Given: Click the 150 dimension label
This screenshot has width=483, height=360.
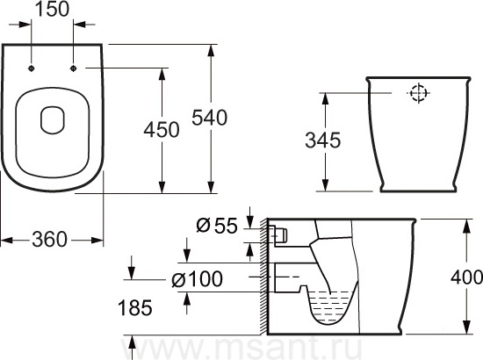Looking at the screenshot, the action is point(53,9).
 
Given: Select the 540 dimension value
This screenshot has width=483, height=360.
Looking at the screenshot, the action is point(210,118).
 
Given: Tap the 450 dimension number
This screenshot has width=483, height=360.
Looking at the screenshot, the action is point(162,129).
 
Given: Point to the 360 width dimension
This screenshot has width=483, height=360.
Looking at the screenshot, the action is point(49,240).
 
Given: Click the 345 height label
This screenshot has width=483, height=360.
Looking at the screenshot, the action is point(323,140).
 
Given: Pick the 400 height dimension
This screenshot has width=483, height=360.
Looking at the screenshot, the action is point(466,277).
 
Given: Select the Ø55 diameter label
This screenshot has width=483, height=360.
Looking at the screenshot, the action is point(217,226).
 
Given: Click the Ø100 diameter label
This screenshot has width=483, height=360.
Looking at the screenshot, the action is point(197,279).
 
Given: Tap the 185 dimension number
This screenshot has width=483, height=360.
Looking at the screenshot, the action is point(135,307).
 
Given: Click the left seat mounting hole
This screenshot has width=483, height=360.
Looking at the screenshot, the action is point(31,68).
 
